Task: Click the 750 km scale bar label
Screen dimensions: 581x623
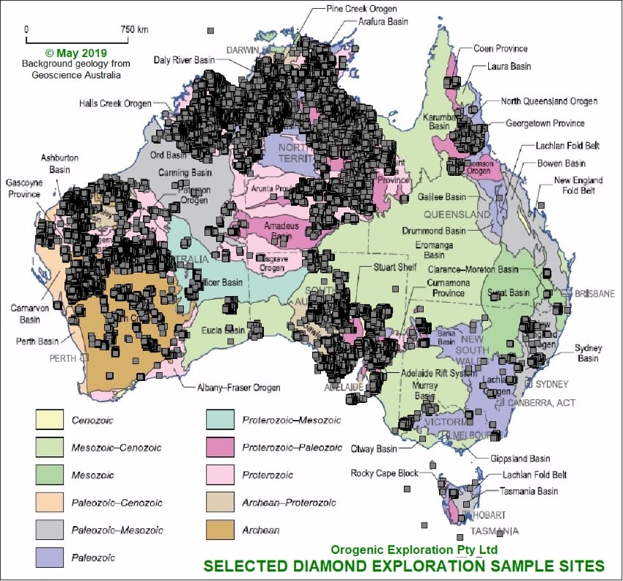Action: pyautogui.click(x=134, y=29)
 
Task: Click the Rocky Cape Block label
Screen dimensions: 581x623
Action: pyautogui.click(x=384, y=473)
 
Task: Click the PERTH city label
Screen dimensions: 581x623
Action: pyautogui.click(x=63, y=358)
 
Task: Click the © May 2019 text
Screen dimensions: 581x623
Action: pyautogui.click(x=75, y=53)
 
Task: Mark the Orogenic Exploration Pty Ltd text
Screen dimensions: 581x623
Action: pyautogui.click(x=414, y=549)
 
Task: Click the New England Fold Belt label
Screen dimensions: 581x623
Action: pyautogui.click(x=579, y=185)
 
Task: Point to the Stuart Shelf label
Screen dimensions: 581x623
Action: pyautogui.click(x=394, y=267)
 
